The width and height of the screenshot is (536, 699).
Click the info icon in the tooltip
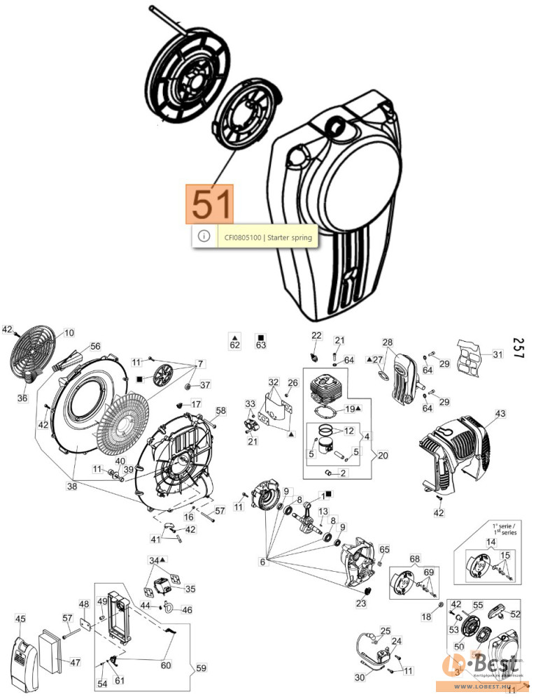(x=204, y=236)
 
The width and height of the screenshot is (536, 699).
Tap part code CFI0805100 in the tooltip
(x=243, y=238)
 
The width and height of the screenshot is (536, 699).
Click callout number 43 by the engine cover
(x=500, y=415)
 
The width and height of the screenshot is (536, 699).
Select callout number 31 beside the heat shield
(x=497, y=354)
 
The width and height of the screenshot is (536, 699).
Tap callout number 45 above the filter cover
(x=20, y=618)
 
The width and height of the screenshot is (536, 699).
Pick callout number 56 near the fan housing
(x=95, y=345)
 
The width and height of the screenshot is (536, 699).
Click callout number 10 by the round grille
(x=69, y=333)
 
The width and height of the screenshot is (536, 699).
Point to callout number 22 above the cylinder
(x=316, y=336)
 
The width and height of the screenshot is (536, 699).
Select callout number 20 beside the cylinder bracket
(x=382, y=455)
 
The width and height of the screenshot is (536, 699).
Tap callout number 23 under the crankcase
(x=361, y=604)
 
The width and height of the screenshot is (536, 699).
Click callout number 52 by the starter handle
(x=516, y=614)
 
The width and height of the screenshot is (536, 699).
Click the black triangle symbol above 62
(x=235, y=336)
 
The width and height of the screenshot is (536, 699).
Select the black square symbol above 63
(x=260, y=336)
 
